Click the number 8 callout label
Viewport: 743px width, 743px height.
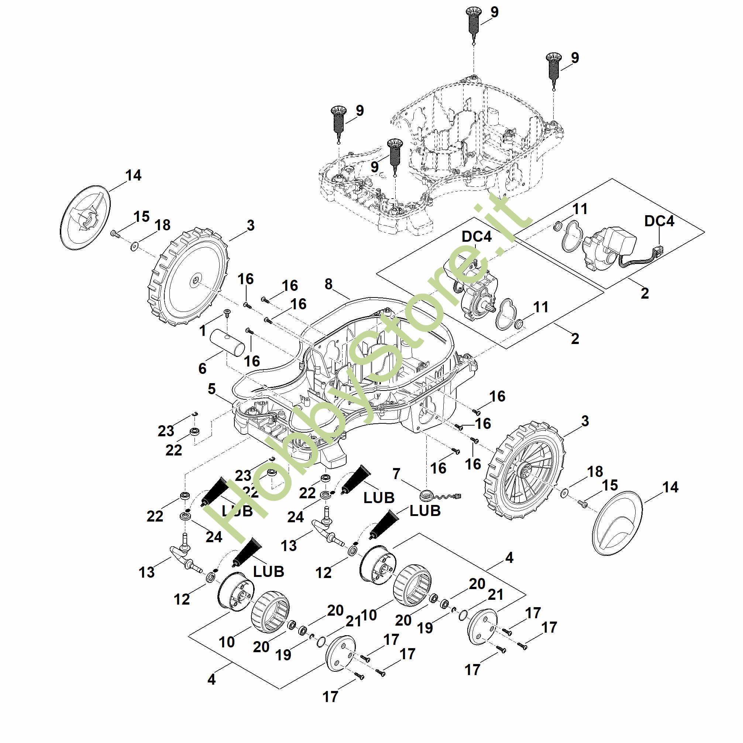(328, 284)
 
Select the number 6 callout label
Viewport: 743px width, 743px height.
(202, 368)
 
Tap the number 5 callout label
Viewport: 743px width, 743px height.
(211, 389)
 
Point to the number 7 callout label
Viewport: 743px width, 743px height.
(396, 474)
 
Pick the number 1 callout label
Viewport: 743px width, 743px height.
(203, 330)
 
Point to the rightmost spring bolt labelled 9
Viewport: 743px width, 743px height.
(553, 69)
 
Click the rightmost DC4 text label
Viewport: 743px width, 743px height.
(659, 221)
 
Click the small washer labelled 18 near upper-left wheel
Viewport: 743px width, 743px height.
(134, 245)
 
